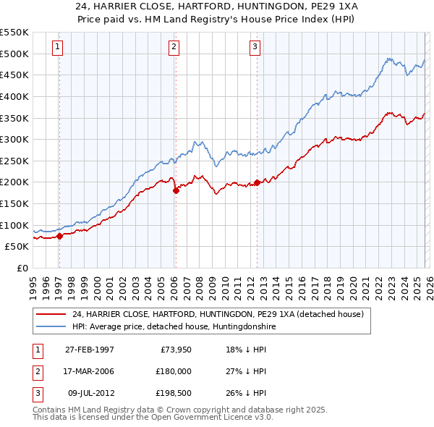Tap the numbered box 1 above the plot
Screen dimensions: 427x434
(x=57, y=47)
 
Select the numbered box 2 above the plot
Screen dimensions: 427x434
(x=174, y=47)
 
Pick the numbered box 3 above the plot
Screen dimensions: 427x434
(x=255, y=47)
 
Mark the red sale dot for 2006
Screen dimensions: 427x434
(x=176, y=191)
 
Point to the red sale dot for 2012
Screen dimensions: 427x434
(x=257, y=182)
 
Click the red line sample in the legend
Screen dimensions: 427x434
(x=51, y=315)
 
